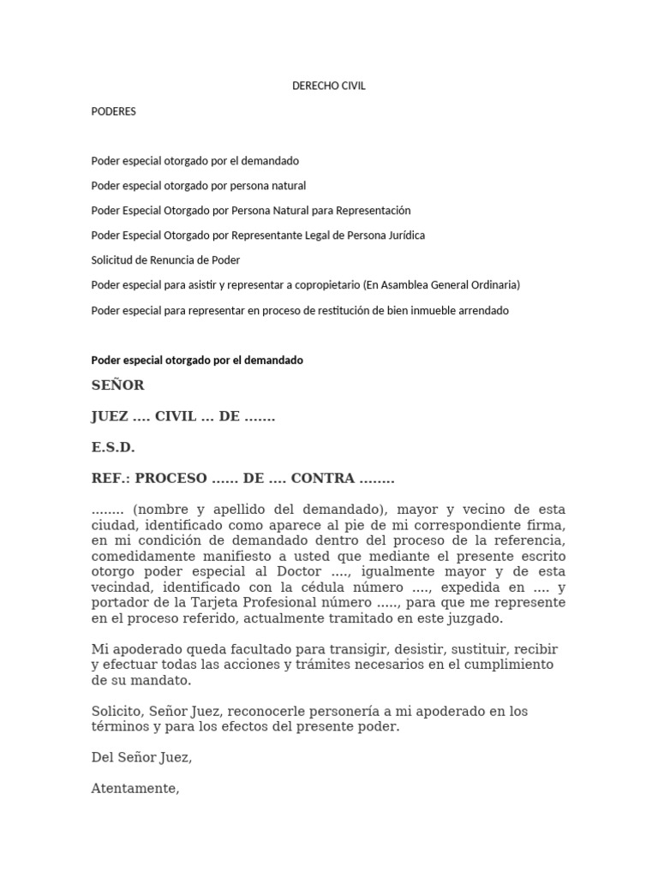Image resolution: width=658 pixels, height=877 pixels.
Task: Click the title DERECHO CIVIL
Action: pos(329,87)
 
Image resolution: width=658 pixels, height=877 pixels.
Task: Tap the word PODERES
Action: pos(113,111)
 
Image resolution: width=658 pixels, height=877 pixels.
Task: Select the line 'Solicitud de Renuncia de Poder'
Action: pos(165,260)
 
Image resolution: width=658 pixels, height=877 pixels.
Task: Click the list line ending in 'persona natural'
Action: pos(198,186)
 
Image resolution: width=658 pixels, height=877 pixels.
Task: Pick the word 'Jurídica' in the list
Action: pos(403,236)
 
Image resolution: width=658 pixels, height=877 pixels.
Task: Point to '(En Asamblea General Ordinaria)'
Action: pos(442,285)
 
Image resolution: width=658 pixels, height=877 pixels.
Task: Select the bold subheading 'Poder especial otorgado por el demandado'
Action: pos(197,361)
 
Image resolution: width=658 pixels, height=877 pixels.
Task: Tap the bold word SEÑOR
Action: pos(117,385)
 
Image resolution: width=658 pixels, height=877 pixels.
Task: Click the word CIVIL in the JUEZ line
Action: pos(176,417)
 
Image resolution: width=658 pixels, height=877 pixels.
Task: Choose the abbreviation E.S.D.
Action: pos(113,448)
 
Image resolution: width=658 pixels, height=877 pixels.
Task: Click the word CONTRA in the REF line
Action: pos(323,479)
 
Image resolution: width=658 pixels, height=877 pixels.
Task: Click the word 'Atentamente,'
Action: pos(135,789)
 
